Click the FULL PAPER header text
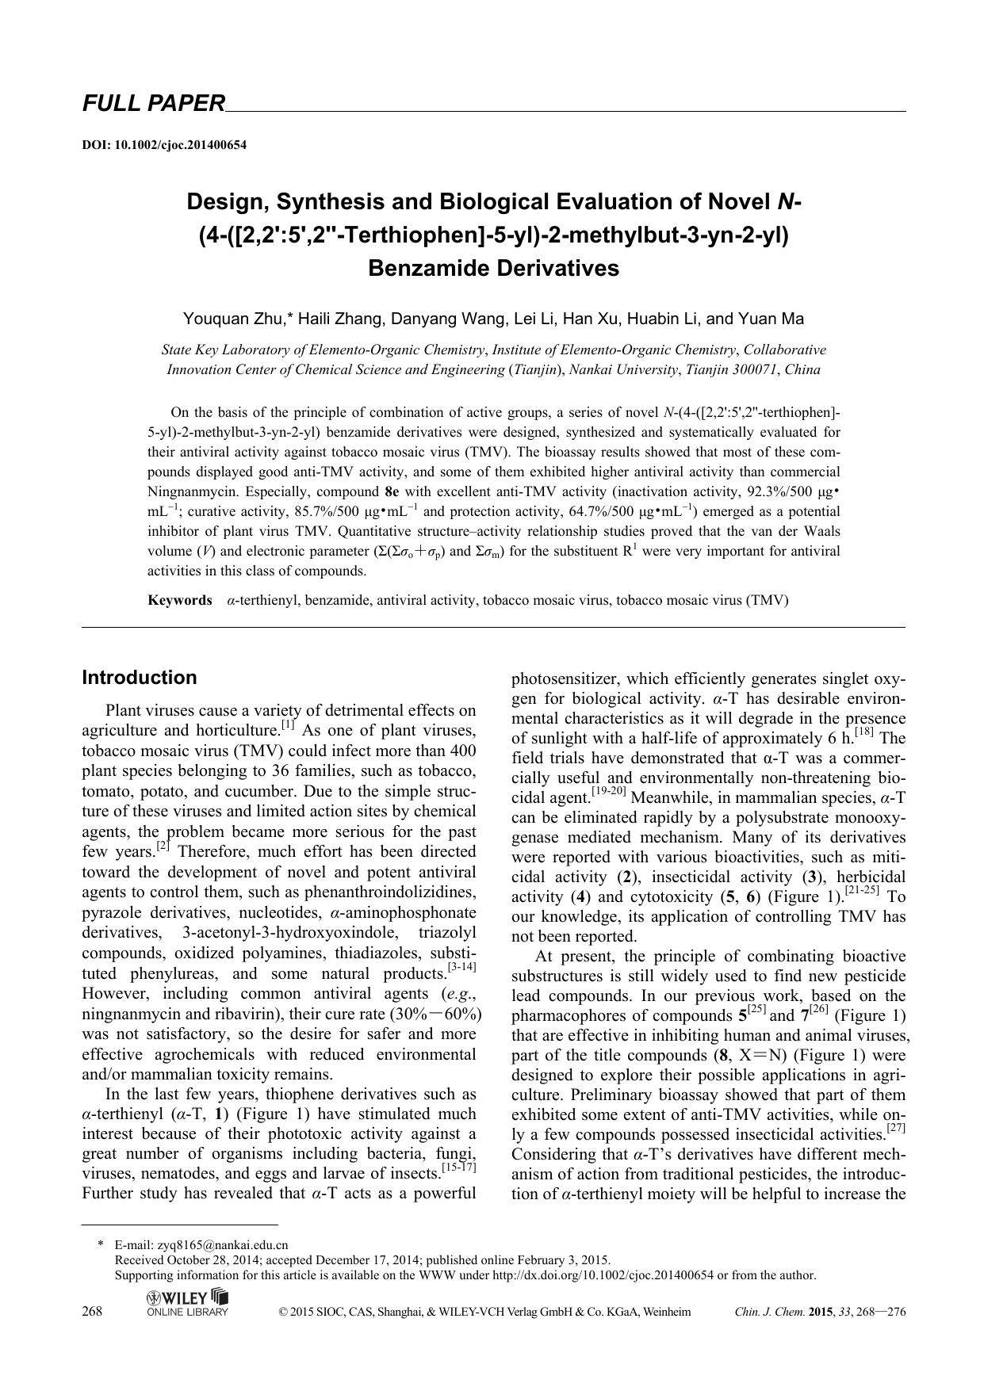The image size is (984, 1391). tap(154, 103)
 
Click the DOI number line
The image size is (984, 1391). tap(164, 145)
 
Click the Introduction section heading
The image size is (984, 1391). tap(140, 678)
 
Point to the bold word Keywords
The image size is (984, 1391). tap(179, 600)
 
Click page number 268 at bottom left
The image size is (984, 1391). tap(92, 1312)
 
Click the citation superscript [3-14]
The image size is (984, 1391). tap(461, 968)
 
